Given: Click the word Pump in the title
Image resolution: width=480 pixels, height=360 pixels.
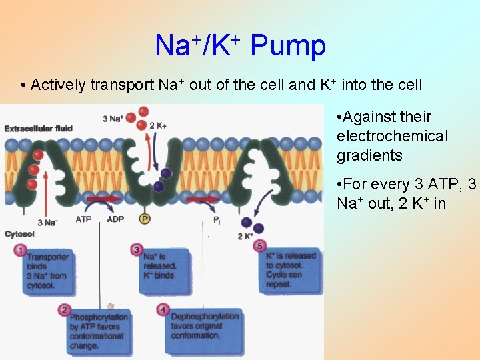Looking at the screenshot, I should [x=288, y=46].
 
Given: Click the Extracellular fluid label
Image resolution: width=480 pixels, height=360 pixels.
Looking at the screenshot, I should [x=39, y=127].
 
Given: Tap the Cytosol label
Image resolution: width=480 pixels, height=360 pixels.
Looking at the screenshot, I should [x=19, y=234].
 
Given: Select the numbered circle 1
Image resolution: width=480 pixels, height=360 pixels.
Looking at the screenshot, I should [x=20, y=251].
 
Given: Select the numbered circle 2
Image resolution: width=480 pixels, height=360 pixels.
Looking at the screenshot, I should [x=64, y=309].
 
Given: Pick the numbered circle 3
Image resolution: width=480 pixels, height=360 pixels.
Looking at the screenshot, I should [x=137, y=250].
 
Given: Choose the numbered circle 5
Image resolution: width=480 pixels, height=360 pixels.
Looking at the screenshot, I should [x=260, y=245].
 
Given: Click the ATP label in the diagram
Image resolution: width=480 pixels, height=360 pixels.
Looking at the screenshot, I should [x=84, y=219].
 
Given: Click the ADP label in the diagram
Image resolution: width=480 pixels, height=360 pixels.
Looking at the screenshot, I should [x=115, y=219].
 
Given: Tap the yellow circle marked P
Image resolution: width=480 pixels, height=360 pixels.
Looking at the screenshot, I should [x=144, y=219].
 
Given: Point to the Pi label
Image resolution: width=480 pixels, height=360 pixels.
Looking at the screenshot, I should [x=217, y=219].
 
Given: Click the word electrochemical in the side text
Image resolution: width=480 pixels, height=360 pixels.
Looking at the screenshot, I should [x=393, y=136].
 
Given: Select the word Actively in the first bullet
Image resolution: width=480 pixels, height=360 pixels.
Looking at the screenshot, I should [x=58, y=85].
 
